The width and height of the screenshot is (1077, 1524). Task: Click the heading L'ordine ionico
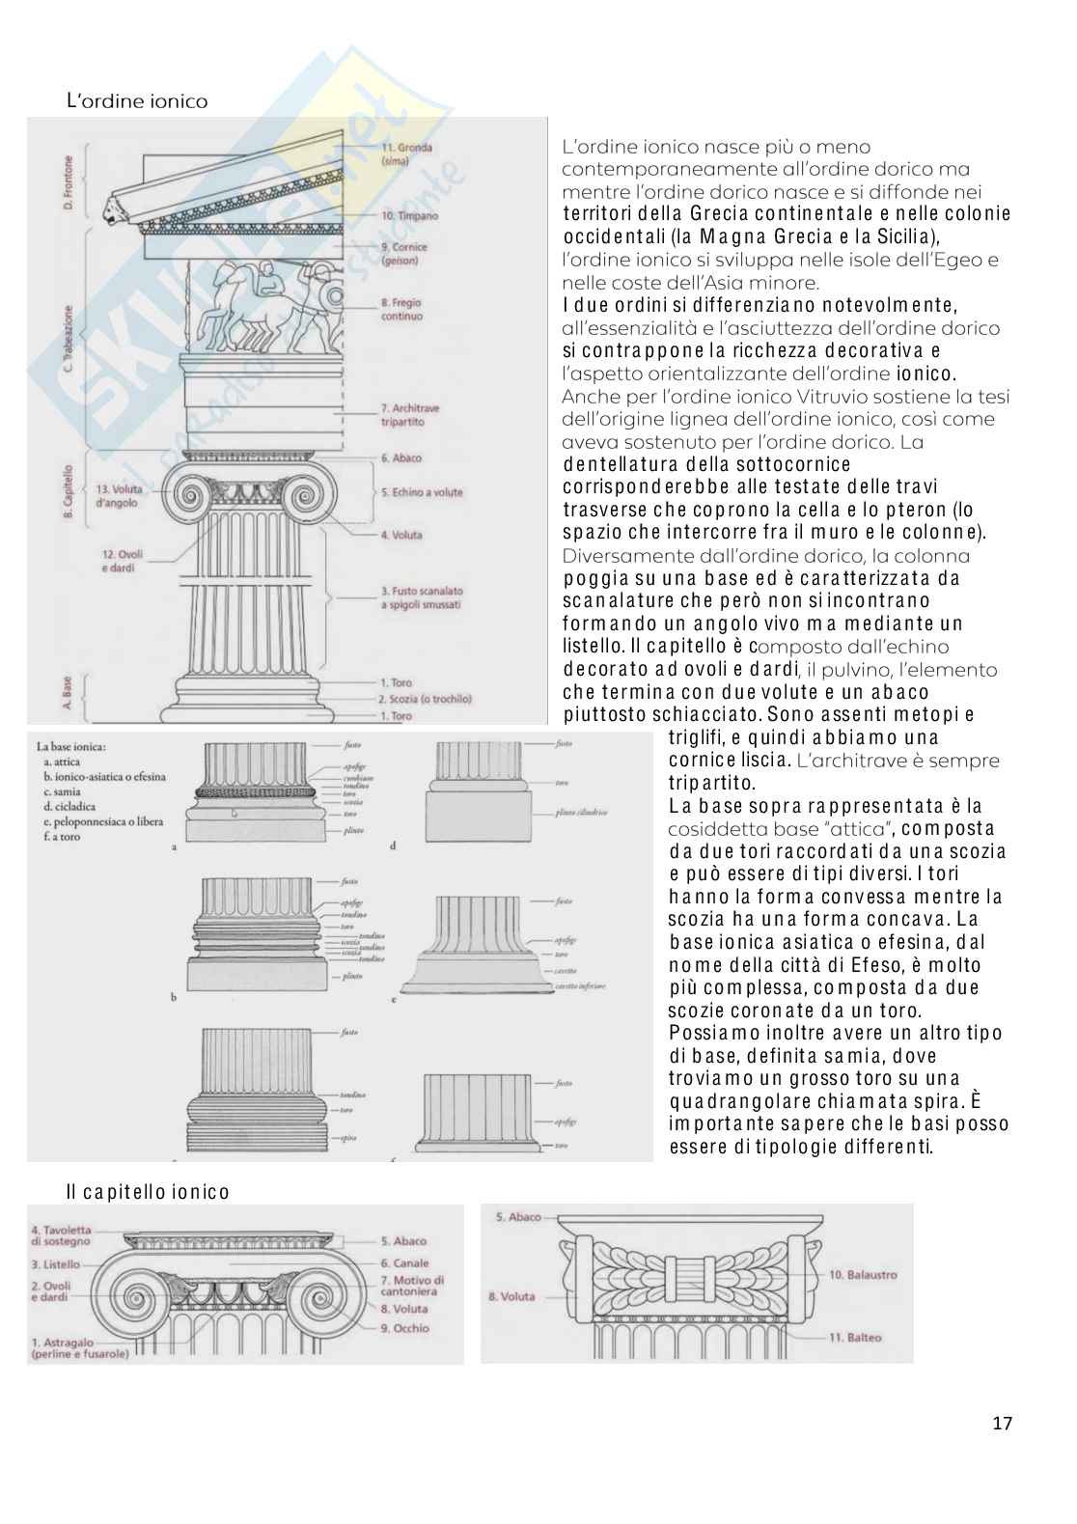(136, 101)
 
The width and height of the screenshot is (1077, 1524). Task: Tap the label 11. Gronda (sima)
(406, 154)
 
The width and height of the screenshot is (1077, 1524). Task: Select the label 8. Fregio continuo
(401, 309)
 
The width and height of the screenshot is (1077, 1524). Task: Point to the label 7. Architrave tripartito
(409, 415)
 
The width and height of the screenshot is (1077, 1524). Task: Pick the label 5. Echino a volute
(422, 492)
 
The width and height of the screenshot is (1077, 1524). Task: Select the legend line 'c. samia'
(62, 791)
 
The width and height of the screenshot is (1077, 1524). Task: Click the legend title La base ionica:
(71, 746)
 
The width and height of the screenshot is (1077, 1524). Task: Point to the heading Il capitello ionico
(148, 1192)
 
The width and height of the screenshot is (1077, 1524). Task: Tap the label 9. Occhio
(404, 1328)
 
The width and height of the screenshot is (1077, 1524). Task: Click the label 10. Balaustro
(863, 1274)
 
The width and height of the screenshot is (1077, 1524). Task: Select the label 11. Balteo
(855, 1338)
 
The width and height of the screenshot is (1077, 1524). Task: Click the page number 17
(1002, 1423)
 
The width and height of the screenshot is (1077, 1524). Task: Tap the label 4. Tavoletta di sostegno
(61, 1236)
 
